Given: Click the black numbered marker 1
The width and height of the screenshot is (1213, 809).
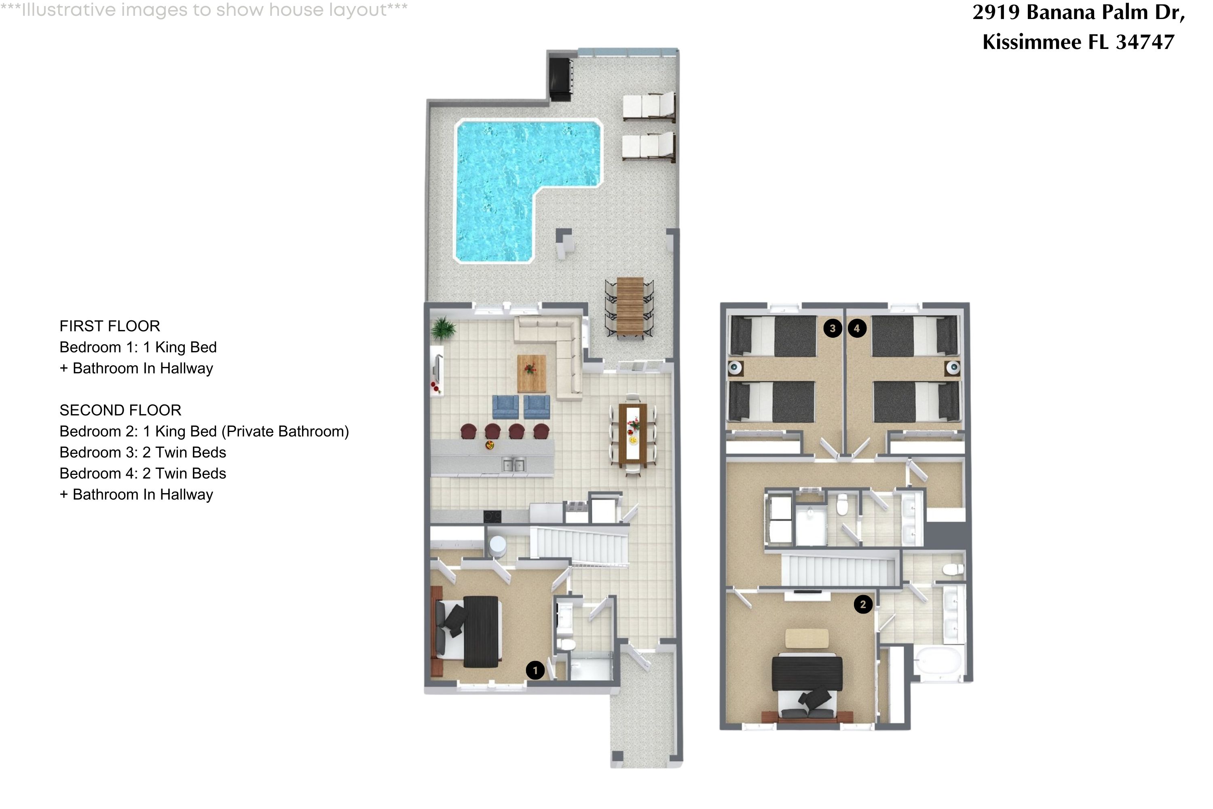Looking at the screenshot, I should point(535,670).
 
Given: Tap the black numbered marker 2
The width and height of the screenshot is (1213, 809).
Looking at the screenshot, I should point(863,604).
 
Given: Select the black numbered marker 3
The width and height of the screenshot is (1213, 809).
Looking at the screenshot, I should point(833,328).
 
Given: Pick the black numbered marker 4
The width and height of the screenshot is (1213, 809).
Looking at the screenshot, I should point(857,328).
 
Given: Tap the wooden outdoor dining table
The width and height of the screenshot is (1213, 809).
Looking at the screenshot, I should point(630,306).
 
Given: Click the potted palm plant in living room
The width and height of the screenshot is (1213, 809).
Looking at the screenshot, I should point(443,328).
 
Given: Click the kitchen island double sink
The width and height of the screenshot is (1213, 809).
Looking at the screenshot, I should point(513,466).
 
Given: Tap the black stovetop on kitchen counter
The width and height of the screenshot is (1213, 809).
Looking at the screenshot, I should point(492,516).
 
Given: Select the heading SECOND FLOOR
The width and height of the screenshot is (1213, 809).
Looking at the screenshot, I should point(120,410).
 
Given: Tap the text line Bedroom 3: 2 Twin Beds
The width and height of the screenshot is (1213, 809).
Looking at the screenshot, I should point(143,453).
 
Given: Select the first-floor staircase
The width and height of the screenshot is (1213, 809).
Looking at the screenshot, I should point(580,546).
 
